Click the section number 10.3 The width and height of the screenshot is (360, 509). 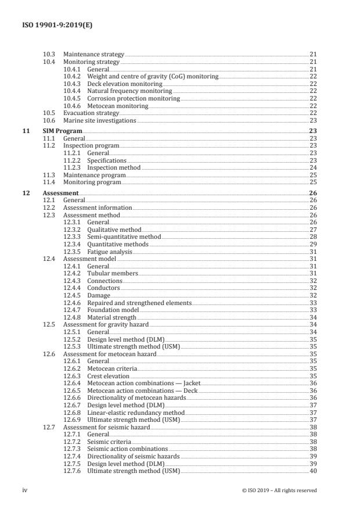coord(49,54)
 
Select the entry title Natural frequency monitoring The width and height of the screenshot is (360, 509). coord(129,91)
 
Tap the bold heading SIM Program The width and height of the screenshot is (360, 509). coord(63,131)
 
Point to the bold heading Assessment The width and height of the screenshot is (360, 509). coord(60,193)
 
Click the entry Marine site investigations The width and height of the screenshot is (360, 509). coord(99,120)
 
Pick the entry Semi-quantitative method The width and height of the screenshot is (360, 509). coord(124,237)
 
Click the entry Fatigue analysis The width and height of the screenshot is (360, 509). coord(111,252)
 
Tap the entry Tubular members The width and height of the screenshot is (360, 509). coord(113,274)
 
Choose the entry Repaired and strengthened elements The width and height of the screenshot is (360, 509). coord(139,303)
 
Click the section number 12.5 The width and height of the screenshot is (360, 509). coord(49,325)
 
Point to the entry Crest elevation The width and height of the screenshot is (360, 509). coord(108,376)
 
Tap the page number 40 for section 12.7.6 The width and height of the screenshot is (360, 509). coord(312,471)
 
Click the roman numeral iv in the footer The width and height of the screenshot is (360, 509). coord(25,490)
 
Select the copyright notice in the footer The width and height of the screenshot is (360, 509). coord(279,490)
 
